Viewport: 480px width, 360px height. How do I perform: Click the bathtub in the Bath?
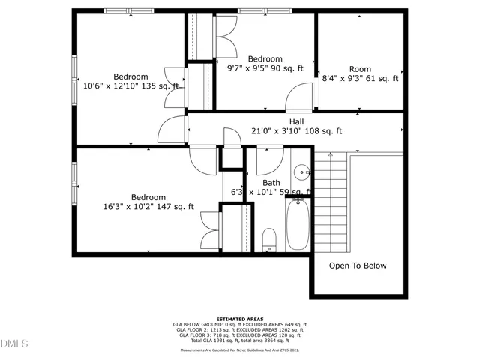pos(297,224)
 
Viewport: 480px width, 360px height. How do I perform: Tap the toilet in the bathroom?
pos(270,239)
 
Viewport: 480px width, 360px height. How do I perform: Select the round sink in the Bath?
pos(301,172)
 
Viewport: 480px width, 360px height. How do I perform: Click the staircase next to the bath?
pos(330,202)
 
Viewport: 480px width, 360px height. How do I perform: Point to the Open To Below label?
pos(358,265)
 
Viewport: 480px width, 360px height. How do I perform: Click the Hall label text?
pos(296,121)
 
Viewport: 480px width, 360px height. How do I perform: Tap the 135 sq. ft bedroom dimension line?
pos(131,86)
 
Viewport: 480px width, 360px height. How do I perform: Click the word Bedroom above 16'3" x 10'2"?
pos(148,197)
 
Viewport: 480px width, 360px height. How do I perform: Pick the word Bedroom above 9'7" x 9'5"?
pos(265,59)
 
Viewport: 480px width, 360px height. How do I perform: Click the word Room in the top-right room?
pos(360,69)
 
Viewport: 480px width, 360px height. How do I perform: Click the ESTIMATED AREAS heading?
pos(239,319)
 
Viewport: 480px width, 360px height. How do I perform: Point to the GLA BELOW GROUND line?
pos(239,324)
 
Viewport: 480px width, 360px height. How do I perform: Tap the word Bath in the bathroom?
pos(271,183)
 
